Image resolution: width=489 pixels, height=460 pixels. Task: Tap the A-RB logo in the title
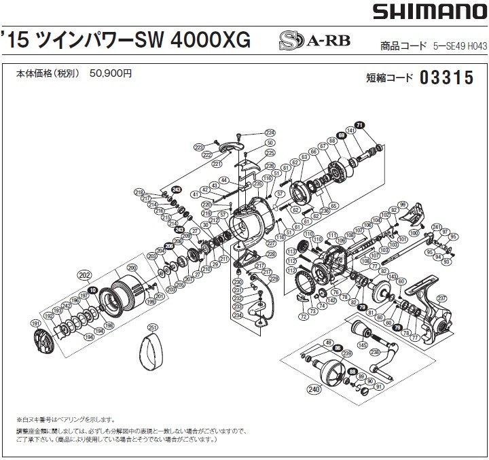[315, 41]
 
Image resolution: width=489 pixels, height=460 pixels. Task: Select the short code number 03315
[446, 78]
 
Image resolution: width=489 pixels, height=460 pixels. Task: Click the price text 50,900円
[110, 73]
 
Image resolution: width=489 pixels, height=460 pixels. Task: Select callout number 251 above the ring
[152, 328]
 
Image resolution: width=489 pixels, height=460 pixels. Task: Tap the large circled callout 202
[84, 276]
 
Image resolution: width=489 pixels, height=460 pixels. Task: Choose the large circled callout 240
[314, 389]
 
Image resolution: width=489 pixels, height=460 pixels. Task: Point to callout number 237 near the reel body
[441, 298]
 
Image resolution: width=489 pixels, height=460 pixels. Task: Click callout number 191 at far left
[35, 323]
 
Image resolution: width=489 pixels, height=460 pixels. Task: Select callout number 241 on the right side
[437, 227]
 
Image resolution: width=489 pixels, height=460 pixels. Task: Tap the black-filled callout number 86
[338, 347]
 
